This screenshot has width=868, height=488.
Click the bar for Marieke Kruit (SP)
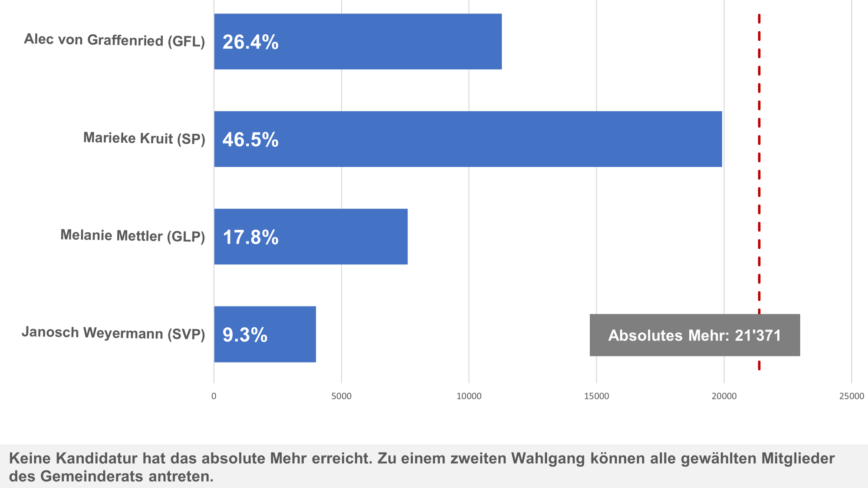pos(468,139)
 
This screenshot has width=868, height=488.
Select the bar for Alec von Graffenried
pos(358,42)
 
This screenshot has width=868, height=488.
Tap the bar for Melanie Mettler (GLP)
pos(311,237)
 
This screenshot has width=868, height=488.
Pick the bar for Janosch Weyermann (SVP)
pos(265,334)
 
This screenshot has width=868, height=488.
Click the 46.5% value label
pos(250,140)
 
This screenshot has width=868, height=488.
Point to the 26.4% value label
pos(250,42)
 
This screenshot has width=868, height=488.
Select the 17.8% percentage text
pos(250,237)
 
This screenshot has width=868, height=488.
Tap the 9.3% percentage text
pos(245,335)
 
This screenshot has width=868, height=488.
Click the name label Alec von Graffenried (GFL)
pos(114,40)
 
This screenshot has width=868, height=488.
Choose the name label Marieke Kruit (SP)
pos(144,138)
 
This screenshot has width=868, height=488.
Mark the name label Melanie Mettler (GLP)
pos(132,236)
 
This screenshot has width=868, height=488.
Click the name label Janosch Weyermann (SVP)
pos(113,333)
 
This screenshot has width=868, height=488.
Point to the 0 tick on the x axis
pos(214,396)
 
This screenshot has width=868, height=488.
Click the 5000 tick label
pos(342,396)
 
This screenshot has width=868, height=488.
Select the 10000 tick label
pos(469,396)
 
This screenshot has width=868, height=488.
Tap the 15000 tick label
pos(596,396)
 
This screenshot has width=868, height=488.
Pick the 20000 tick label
pos(724,396)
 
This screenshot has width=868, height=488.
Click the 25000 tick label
pos(852,396)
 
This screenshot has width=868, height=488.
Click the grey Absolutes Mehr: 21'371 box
pos(694,335)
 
